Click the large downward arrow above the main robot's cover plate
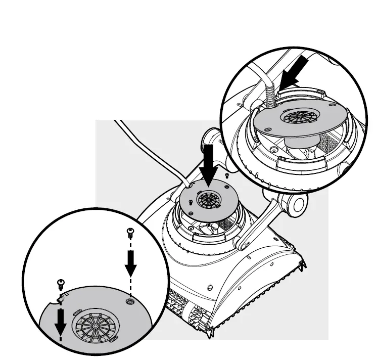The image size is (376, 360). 208,162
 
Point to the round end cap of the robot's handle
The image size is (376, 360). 297,205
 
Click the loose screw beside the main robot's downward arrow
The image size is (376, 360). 227,176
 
